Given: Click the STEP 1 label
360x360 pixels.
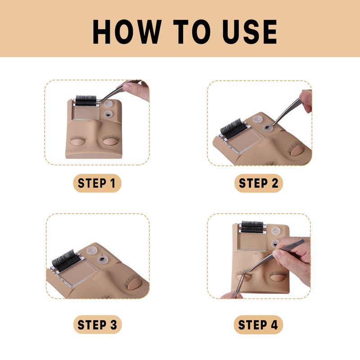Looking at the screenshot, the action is (x=97, y=184).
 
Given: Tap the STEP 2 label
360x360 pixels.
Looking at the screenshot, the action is (x=258, y=184).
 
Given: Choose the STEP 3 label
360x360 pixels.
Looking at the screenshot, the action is (x=97, y=324).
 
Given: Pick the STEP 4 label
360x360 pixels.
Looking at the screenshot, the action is (x=258, y=324).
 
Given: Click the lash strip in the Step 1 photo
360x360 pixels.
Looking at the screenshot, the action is (x=85, y=100).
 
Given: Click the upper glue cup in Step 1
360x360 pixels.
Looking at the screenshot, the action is (x=108, y=104).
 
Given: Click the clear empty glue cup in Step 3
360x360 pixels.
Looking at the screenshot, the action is (x=92, y=251).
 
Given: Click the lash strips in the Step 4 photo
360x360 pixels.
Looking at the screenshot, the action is (x=252, y=227).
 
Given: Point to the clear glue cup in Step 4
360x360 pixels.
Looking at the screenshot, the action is (x=276, y=231).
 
